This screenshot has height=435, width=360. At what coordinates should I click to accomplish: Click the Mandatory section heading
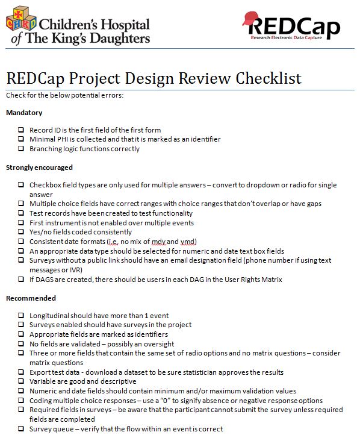pyautogui.click(x=24, y=113)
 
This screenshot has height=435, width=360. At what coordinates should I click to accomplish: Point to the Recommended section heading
pyautogui.click(x=31, y=298)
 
